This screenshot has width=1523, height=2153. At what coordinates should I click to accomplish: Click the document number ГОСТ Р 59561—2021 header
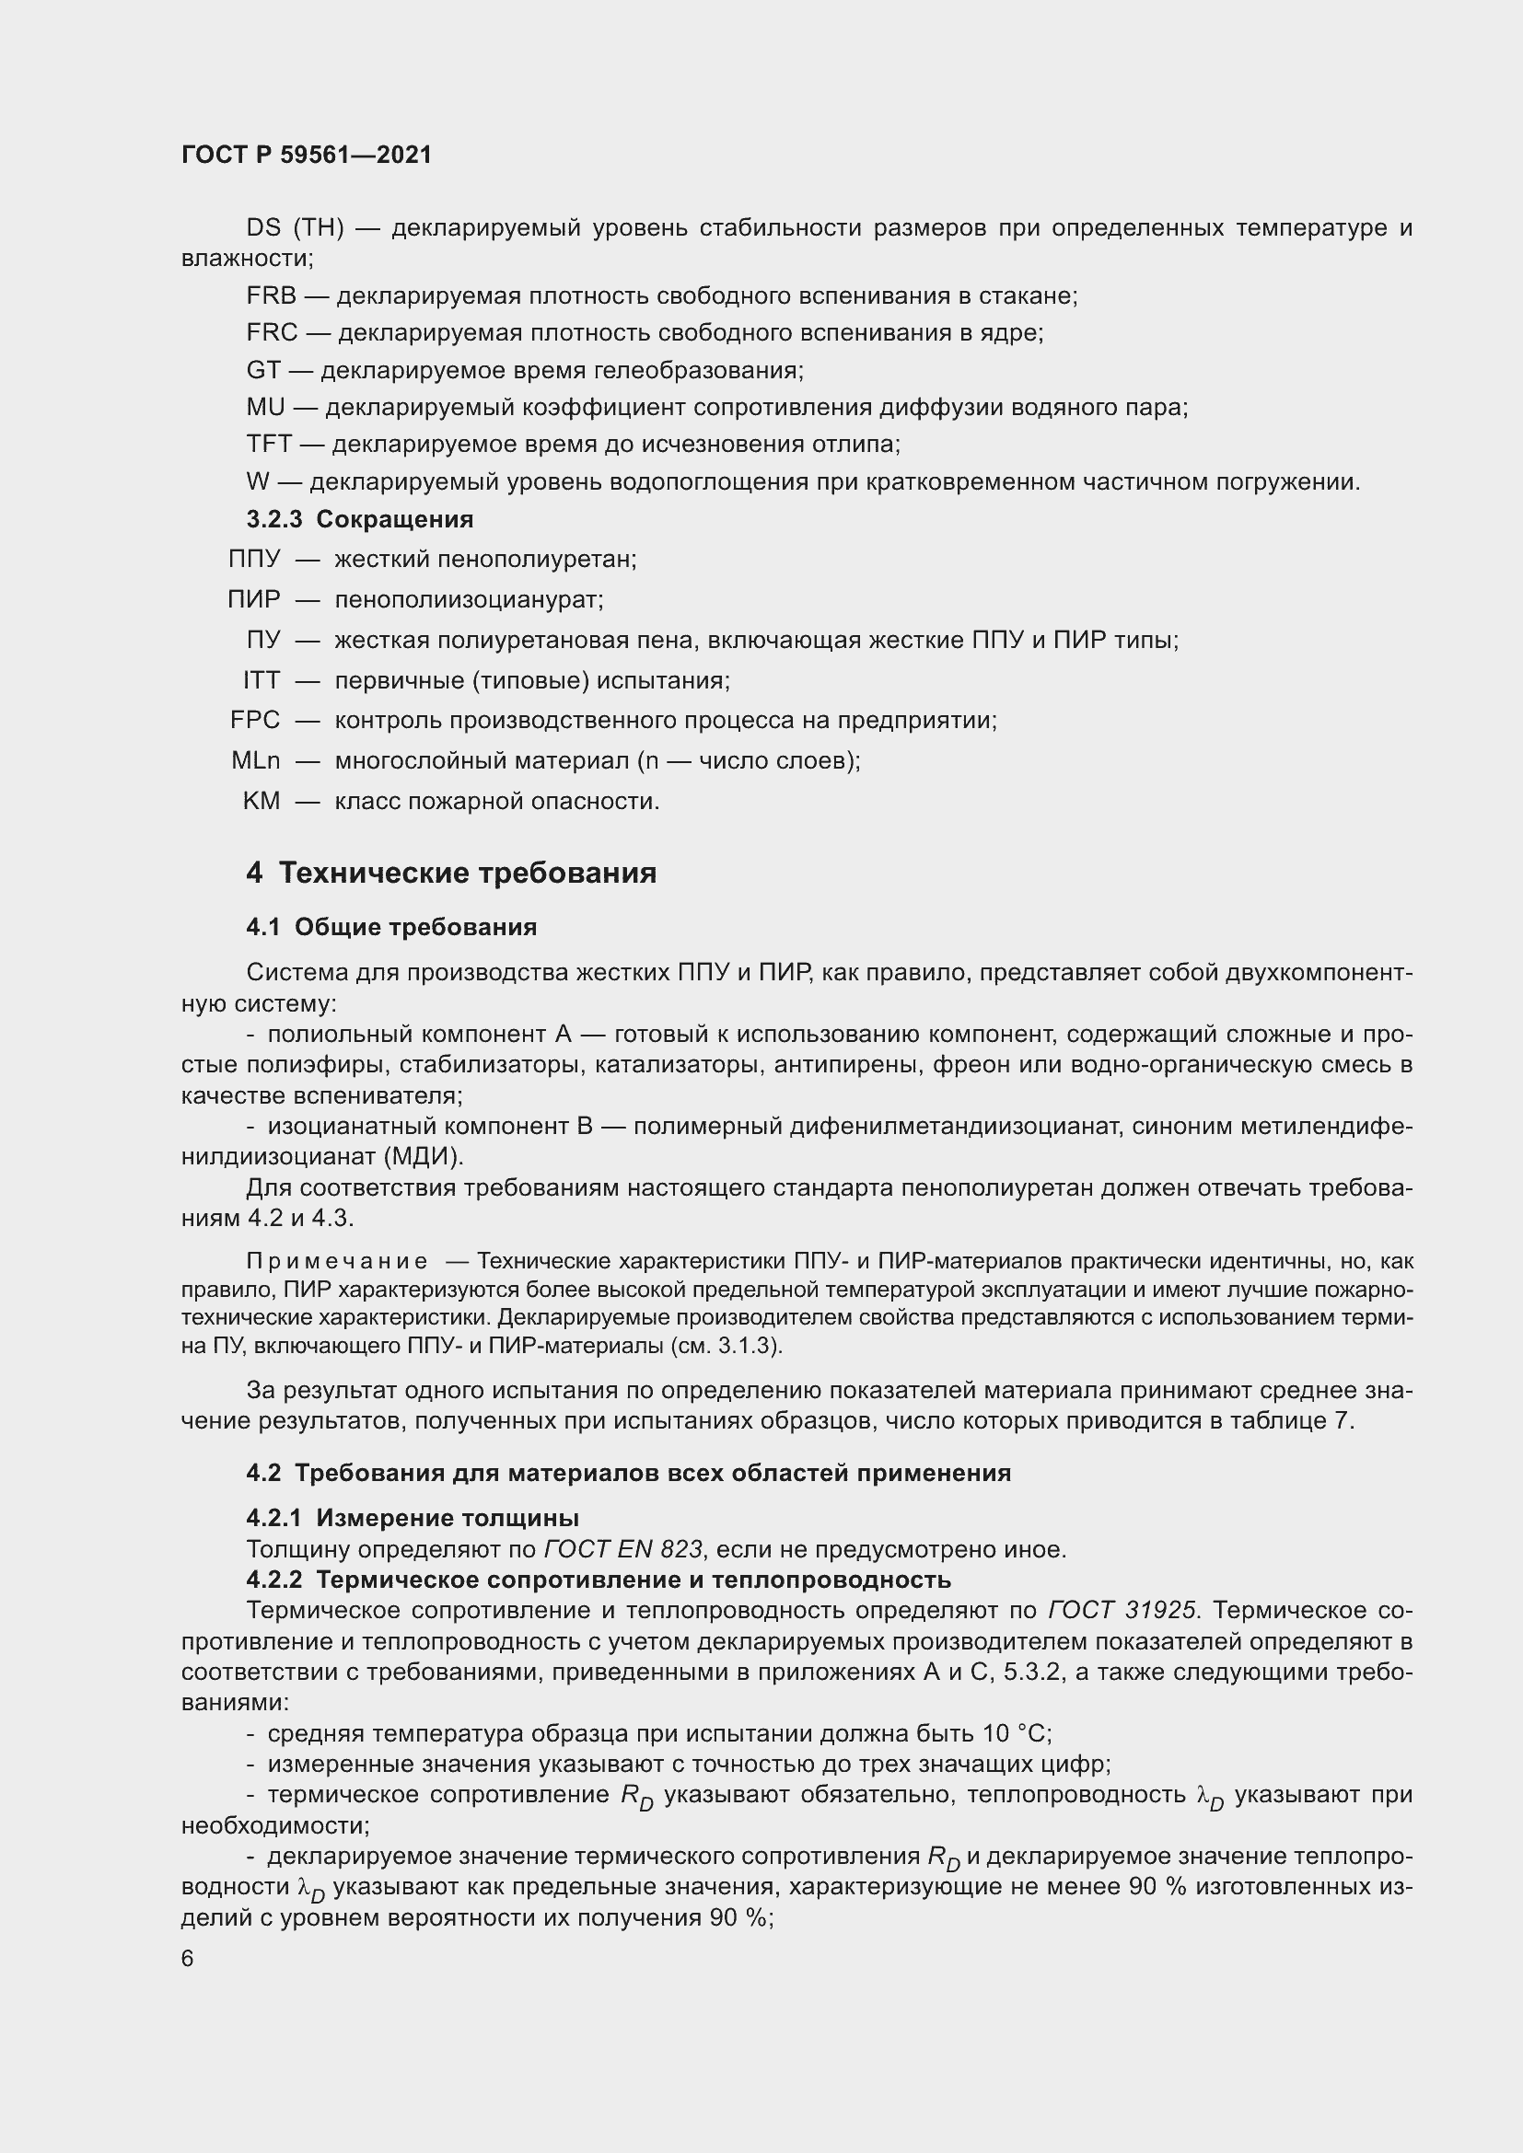pyautogui.click(x=307, y=156)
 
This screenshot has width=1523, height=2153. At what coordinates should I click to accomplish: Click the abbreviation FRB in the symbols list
pyautogui.click(x=271, y=296)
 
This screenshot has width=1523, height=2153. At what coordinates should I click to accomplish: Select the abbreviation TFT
pyautogui.click(x=269, y=445)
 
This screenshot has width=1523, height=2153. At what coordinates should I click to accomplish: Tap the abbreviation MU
pyautogui.click(x=265, y=408)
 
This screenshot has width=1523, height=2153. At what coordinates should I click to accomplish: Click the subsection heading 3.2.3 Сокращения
pyautogui.click(x=359, y=519)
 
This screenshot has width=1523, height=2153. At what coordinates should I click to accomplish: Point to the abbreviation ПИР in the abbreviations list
pyautogui.click(x=253, y=599)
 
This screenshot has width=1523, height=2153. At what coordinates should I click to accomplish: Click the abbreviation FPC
pyautogui.click(x=255, y=720)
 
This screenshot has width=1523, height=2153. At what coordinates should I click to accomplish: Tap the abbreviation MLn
pyautogui.click(x=255, y=760)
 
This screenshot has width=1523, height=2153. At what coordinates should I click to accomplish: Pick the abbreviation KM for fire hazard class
pyautogui.click(x=261, y=802)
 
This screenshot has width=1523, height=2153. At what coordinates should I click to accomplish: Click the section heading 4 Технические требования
pyautogui.click(x=451, y=873)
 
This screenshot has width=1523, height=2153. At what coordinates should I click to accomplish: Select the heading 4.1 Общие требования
pyautogui.click(x=391, y=928)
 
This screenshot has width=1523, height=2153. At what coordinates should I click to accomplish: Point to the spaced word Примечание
pyautogui.click(x=337, y=1261)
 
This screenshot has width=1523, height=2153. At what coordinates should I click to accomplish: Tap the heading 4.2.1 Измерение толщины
pyautogui.click(x=412, y=1518)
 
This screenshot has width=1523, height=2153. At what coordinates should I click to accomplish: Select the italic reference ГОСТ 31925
pyautogui.click(x=1122, y=1611)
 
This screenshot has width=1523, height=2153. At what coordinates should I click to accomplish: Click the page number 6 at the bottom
pyautogui.click(x=188, y=1960)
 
